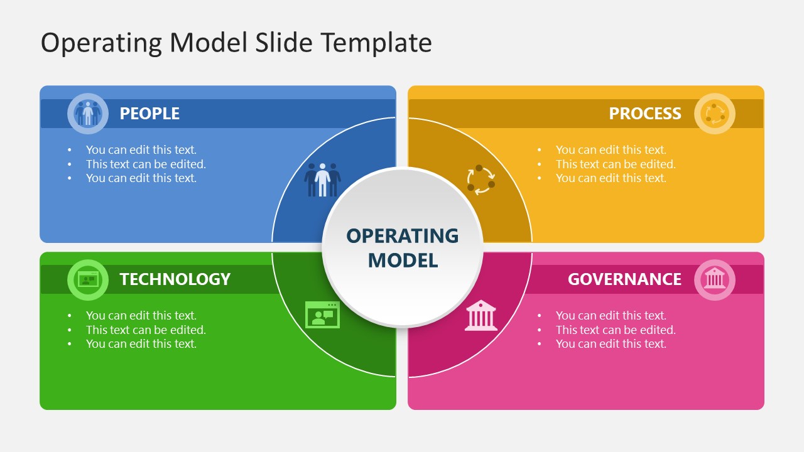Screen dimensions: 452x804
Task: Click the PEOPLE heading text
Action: (x=149, y=114)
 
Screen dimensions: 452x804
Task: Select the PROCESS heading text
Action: (x=644, y=114)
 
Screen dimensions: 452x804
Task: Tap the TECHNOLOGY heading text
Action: (x=175, y=279)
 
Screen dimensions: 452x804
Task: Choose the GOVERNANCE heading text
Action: (x=624, y=279)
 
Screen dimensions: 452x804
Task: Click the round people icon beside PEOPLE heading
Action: (x=88, y=114)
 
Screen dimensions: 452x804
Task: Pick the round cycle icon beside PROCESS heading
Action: (x=714, y=114)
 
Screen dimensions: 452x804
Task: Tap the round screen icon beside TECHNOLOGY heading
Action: (x=88, y=279)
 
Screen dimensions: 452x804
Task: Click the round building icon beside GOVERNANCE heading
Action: (x=714, y=279)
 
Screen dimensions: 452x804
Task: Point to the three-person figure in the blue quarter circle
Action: (x=322, y=180)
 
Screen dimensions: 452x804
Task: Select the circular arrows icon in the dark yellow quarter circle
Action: (x=481, y=180)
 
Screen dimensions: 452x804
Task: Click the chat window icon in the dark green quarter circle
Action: (x=322, y=315)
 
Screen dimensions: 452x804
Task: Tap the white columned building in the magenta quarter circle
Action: (x=481, y=315)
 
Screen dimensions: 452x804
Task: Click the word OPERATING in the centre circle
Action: (x=402, y=236)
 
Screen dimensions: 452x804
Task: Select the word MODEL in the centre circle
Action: (x=402, y=260)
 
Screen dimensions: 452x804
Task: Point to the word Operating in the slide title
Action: (x=100, y=43)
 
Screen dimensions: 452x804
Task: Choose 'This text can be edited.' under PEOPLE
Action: (x=146, y=164)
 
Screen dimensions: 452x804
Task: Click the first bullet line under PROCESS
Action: (x=611, y=150)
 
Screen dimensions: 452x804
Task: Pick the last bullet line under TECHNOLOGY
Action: (x=141, y=344)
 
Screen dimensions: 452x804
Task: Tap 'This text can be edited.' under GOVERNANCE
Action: (x=616, y=330)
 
